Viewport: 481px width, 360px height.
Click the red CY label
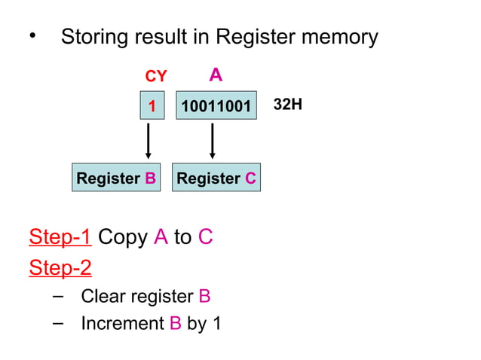pos(155,77)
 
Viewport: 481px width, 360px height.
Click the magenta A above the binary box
pos(216,75)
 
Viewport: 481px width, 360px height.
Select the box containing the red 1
pos(152,106)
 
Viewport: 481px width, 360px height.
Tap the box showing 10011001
pos(216,106)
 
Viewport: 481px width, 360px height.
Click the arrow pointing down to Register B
pos(149,140)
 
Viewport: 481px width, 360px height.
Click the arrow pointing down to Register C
pos(213,140)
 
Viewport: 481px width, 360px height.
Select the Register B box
pos(116,178)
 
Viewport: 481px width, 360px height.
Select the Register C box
pos(216,178)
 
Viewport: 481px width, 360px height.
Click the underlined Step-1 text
pos(60,237)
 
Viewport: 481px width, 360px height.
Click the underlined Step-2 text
pos(60,267)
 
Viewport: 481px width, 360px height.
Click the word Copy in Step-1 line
pos(123,237)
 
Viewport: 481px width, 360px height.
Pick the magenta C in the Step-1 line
pos(205,237)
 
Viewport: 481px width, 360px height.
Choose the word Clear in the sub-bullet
pos(103,296)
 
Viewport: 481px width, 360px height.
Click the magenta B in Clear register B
pos(204,296)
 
